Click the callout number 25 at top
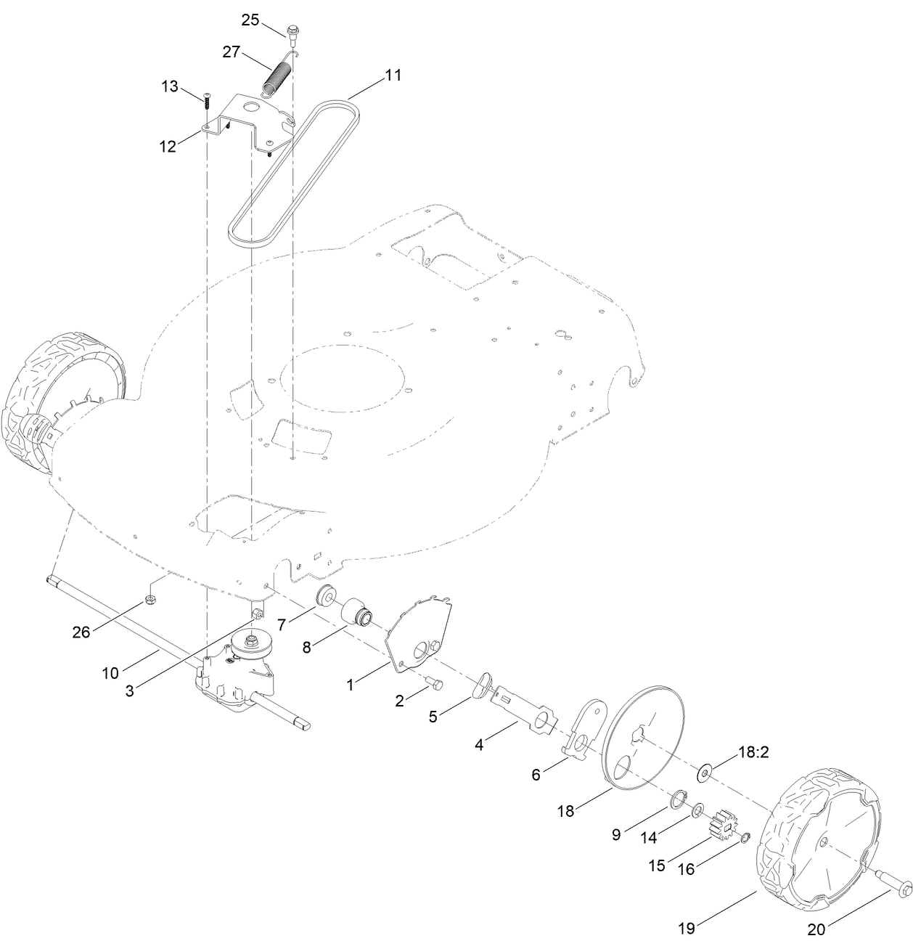click(250, 20)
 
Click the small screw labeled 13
click(208, 102)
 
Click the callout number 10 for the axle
click(110, 672)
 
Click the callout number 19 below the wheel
click(687, 927)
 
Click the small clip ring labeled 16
click(745, 840)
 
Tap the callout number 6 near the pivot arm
click(536, 774)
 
